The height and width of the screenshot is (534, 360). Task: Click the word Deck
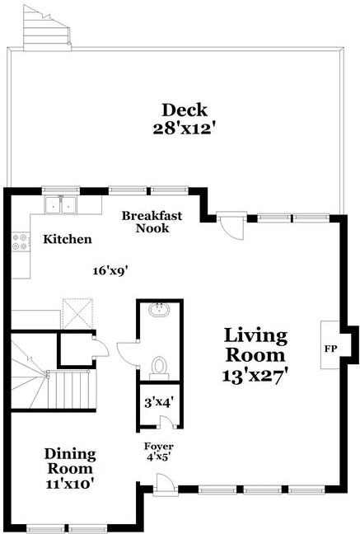click(185, 110)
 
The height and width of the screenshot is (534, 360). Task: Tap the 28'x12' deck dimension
click(185, 129)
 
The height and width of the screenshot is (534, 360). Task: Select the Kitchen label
click(68, 239)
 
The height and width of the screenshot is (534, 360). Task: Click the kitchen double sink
click(61, 205)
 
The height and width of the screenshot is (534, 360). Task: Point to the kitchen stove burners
click(20, 241)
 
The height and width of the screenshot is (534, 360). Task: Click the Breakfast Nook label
click(152, 222)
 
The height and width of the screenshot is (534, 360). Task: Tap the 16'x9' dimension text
click(110, 271)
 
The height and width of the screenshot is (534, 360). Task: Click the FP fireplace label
click(330, 349)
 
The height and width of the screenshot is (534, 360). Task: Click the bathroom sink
click(160, 309)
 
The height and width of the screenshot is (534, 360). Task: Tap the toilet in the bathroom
click(159, 368)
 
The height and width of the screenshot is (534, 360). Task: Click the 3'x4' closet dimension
click(159, 403)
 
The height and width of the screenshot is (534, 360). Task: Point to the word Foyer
click(159, 446)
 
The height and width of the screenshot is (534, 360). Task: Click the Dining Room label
click(70, 461)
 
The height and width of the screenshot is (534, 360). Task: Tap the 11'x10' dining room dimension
click(70, 484)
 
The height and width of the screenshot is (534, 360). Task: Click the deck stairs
click(47, 29)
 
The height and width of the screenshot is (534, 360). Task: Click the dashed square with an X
click(77, 313)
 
